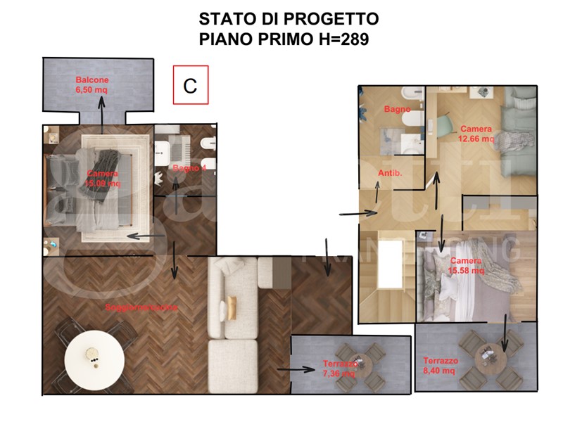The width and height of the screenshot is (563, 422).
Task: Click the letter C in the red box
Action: click(x=190, y=85)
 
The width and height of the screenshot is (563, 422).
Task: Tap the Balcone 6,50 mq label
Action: click(x=92, y=85)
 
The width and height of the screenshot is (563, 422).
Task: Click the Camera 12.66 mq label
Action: click(x=476, y=134)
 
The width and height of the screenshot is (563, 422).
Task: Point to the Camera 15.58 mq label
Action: click(x=467, y=265)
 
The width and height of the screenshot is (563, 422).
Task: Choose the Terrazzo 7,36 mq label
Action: click(x=341, y=369)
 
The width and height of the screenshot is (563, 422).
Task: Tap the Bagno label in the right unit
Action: click(x=397, y=109)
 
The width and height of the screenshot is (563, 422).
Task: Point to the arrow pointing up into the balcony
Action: click(x=102, y=113)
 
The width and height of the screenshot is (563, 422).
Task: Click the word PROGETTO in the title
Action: click(x=331, y=19)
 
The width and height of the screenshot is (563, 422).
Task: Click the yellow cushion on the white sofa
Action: click(x=231, y=308)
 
